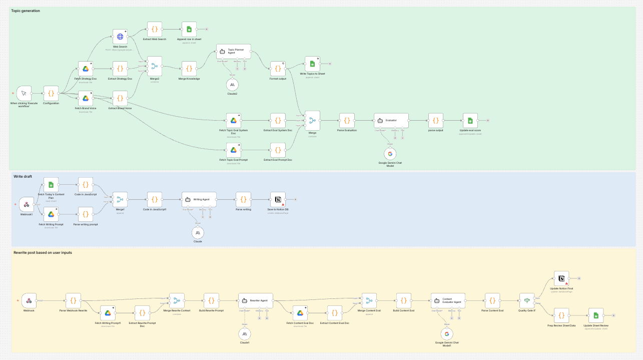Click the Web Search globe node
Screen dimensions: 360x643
tap(120, 37)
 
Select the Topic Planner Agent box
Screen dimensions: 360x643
tap(234, 52)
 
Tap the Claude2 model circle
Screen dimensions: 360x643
tap(232, 85)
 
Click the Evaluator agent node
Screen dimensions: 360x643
tap(391, 121)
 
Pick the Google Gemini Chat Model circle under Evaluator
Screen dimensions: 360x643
tap(390, 154)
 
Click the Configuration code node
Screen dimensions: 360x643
tap(51, 93)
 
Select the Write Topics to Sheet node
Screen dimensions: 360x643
tap(312, 64)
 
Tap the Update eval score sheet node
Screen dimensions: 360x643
tap(470, 121)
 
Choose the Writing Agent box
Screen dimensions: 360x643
tap(199, 199)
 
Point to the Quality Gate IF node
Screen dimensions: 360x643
tap(526, 300)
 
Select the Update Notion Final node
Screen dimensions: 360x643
tap(561, 278)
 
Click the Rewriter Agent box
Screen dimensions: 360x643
tap(255, 300)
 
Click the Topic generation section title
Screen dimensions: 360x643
tap(26, 11)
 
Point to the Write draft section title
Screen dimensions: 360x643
tap(23, 176)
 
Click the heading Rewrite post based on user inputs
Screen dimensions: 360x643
tap(43, 253)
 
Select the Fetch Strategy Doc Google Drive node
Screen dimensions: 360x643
tap(86, 69)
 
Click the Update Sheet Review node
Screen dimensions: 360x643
tap(596, 315)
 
